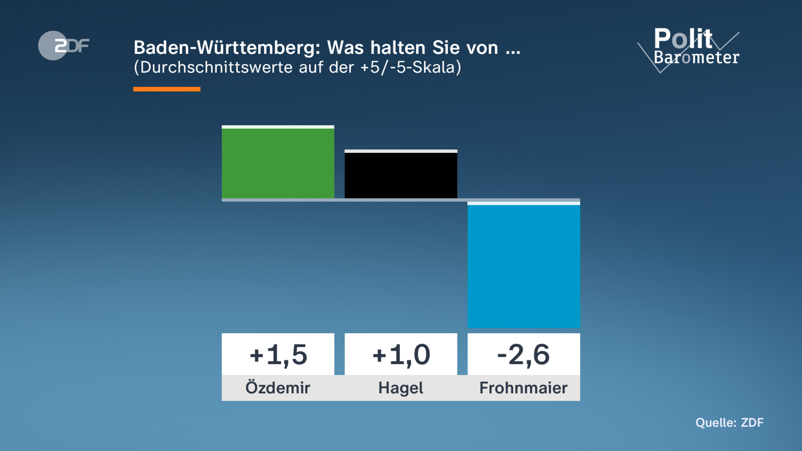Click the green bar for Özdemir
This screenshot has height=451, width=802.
point(278,164)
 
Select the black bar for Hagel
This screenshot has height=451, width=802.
point(401,175)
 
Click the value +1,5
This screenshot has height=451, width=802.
point(278,354)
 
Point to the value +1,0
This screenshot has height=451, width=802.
point(401,354)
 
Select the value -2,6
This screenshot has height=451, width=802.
point(524,354)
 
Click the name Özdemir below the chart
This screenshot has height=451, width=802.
point(278,388)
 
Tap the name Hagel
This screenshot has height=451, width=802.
point(401,388)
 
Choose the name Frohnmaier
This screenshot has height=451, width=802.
point(524,388)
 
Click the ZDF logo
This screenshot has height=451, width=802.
point(63,45)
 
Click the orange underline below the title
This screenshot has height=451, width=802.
point(167,89)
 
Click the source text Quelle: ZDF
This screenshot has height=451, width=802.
point(729,423)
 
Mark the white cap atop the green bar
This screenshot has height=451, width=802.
point(278,127)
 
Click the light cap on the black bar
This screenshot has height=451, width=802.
point(401,151)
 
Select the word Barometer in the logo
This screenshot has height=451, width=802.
point(696,57)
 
